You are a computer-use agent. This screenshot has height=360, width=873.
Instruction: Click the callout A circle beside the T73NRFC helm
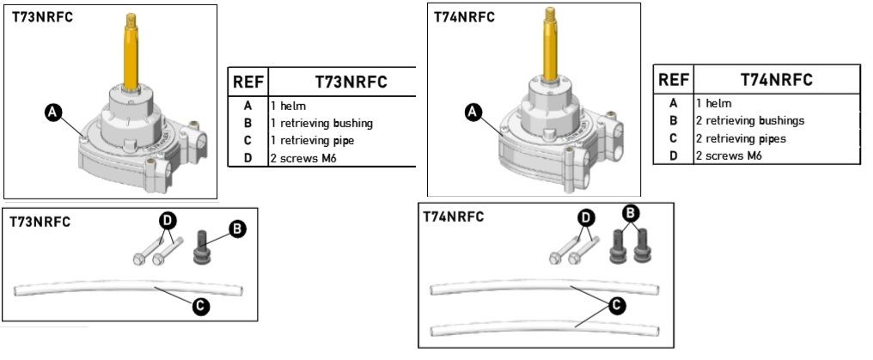tap(52, 113)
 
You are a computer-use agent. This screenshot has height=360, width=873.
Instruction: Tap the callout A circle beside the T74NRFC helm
tap(473, 113)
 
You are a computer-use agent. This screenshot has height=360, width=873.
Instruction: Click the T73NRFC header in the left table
tap(351, 82)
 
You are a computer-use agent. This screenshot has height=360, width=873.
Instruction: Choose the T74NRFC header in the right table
tap(777, 80)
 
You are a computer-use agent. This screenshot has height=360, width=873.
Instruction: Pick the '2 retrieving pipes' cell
tap(741, 138)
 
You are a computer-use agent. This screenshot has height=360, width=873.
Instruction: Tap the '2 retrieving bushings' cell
tap(750, 121)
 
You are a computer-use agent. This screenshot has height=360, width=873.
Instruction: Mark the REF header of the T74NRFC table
tap(674, 80)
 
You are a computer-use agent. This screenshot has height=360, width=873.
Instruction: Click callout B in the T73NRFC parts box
tap(237, 229)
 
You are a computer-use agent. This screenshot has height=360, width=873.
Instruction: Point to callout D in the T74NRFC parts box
tap(585, 217)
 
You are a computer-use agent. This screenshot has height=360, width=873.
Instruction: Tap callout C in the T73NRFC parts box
tap(200, 306)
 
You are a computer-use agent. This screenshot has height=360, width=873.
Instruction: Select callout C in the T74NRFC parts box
tap(616, 305)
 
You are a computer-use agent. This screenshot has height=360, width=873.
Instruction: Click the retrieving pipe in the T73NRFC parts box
tap(129, 287)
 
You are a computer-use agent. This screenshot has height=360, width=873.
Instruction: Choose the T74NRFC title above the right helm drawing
tap(464, 16)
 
